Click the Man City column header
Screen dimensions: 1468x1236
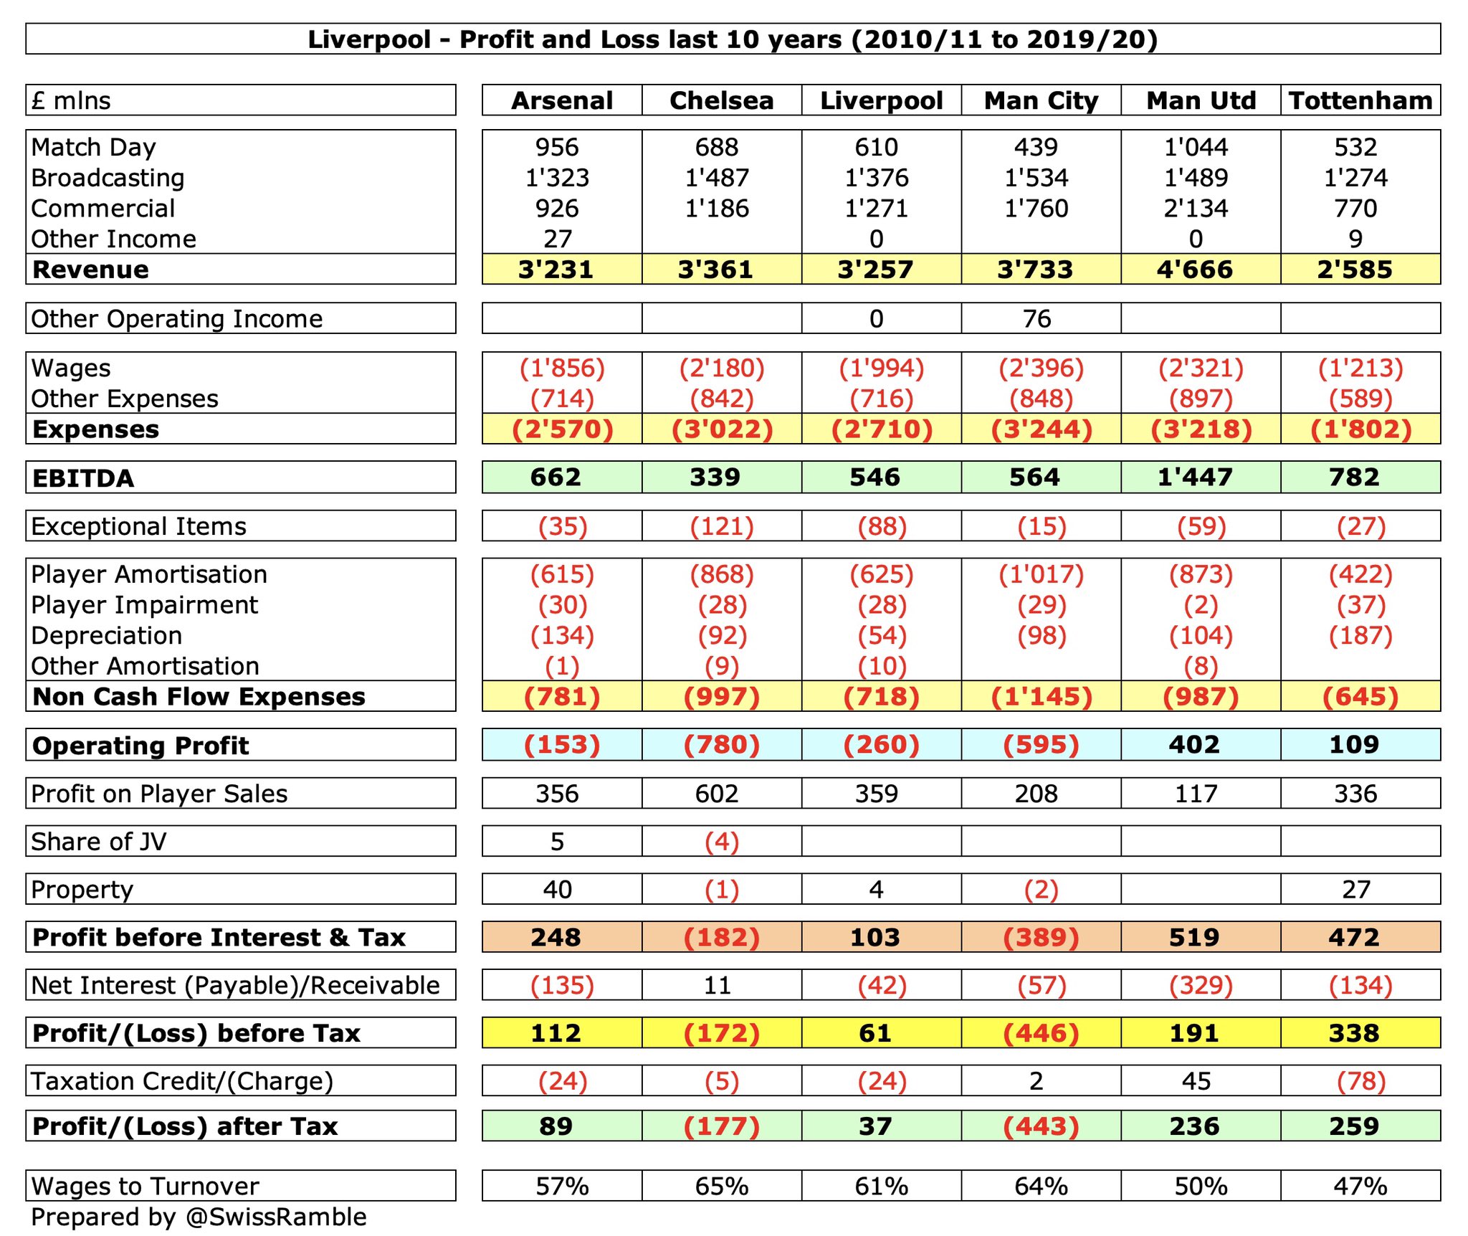coord(1041,100)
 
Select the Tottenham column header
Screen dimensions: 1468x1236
coord(1360,100)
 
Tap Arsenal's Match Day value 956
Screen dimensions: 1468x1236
coord(557,147)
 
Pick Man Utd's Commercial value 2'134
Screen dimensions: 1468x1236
coord(1196,208)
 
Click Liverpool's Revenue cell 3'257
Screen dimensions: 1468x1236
coord(875,270)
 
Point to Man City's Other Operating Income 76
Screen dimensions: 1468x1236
coord(1036,318)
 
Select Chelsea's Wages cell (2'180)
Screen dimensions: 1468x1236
coord(722,368)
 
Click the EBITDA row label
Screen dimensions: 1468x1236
coord(83,478)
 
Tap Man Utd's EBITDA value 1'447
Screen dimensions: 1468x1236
coord(1195,477)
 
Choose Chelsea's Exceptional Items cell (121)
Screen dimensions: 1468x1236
coord(722,526)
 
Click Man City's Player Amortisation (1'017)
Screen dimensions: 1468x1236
coord(1041,574)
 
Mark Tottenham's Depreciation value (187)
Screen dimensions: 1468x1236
coord(1360,635)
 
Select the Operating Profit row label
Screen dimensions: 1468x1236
coord(140,746)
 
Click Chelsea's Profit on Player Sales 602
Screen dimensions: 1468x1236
coord(717,794)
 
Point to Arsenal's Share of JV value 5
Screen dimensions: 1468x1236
coord(557,841)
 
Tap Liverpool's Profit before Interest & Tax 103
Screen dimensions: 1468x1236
coord(875,937)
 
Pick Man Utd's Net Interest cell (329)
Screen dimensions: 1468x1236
coord(1201,985)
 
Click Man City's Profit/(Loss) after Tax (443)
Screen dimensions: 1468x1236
coord(1041,1126)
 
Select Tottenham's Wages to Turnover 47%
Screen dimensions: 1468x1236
coord(1360,1186)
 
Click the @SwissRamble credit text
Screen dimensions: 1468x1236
coord(276,1217)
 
